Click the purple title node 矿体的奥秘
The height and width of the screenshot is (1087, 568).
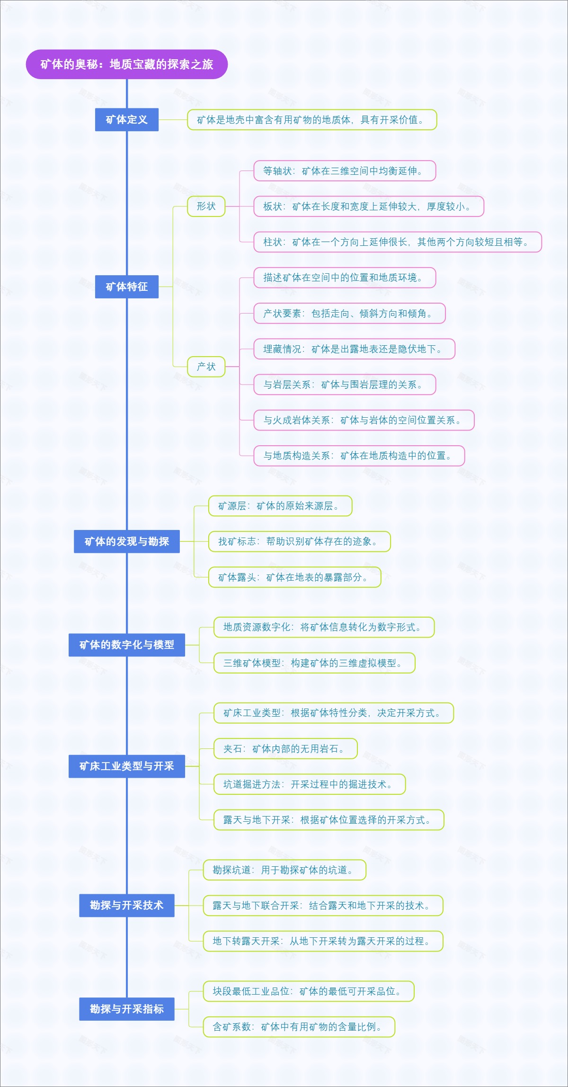point(126,64)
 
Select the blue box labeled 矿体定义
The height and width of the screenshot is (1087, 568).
point(126,120)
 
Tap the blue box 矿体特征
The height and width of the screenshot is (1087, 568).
point(126,287)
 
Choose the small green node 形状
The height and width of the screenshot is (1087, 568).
point(206,207)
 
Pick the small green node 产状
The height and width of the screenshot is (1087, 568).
point(206,367)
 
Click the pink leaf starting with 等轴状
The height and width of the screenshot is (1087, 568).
point(344,171)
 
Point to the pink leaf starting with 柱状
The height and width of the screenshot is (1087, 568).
point(397,242)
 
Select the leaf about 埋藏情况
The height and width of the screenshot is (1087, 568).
point(354,349)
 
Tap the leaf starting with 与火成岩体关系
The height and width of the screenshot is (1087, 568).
point(364,420)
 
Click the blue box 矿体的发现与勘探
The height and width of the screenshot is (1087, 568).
point(126,541)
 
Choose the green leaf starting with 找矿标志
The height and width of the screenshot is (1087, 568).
point(299,541)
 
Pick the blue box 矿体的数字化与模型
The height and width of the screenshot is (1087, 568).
point(126,645)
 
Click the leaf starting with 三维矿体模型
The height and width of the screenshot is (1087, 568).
point(314,663)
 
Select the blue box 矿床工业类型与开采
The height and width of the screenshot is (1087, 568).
point(126,766)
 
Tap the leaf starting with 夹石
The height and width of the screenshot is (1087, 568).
point(285,749)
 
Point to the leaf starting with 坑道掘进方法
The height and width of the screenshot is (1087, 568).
point(310,784)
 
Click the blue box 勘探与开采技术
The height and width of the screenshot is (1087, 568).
point(126,905)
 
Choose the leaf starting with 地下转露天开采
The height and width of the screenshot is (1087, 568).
point(323,941)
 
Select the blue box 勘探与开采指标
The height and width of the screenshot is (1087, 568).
point(126,1009)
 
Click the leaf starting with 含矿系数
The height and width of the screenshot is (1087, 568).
point(299,1027)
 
